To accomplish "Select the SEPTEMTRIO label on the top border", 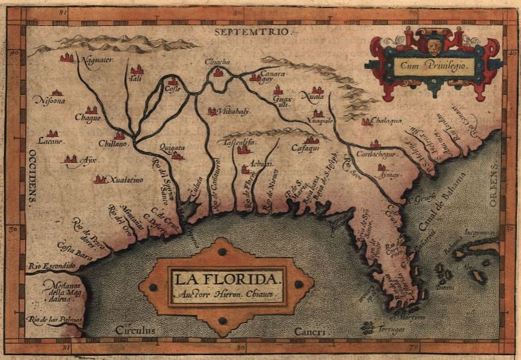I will coord(252,31).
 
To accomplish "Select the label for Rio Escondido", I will coord(52,265).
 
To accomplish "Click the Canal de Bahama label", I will coord(446,198).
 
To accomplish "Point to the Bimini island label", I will coord(446,288).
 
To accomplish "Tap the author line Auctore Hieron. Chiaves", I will coord(225,295).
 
